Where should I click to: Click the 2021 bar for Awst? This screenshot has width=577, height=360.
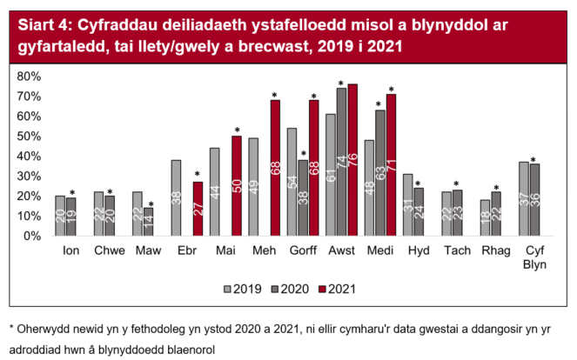click(x=352, y=160)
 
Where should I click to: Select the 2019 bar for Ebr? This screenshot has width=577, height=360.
click(x=176, y=198)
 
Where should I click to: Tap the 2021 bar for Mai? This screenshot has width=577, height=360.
click(x=236, y=186)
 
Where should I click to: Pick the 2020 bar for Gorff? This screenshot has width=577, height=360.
click(x=302, y=198)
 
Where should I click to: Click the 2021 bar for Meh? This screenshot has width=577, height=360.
click(x=275, y=168)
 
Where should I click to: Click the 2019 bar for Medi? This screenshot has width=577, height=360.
click(x=368, y=188)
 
